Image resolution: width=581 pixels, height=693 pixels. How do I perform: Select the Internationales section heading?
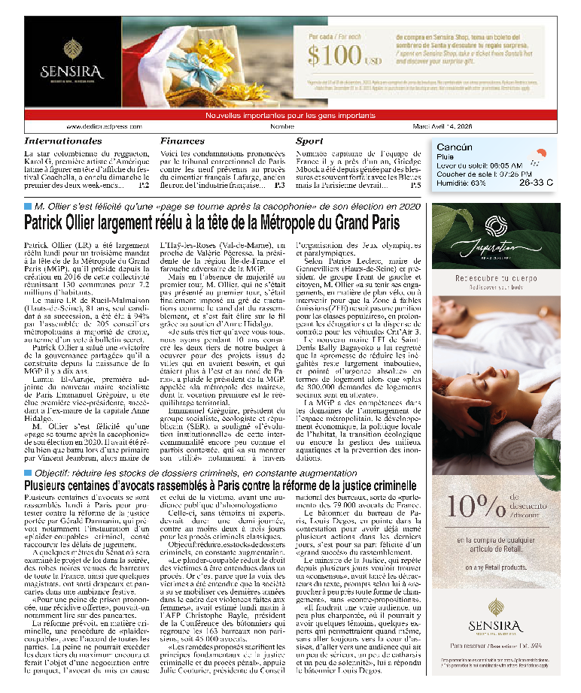pyautogui.click(x=74, y=141)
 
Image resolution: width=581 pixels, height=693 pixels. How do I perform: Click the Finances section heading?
pyautogui.click(x=203, y=141)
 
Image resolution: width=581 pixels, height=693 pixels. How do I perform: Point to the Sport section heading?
pyautogui.click(x=309, y=141)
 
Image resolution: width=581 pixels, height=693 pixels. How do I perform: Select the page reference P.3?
pyautogui.click(x=279, y=185)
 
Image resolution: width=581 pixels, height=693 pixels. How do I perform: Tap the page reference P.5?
pyautogui.click(x=415, y=185)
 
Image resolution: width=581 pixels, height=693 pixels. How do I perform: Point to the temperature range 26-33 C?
pyautogui.click(x=535, y=183)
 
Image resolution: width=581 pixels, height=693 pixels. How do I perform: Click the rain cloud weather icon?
pyautogui.click(x=537, y=157)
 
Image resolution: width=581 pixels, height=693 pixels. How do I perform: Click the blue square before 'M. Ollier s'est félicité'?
pyautogui.click(x=28, y=206)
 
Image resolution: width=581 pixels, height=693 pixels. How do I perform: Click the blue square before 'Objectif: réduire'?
pyautogui.click(x=28, y=473)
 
